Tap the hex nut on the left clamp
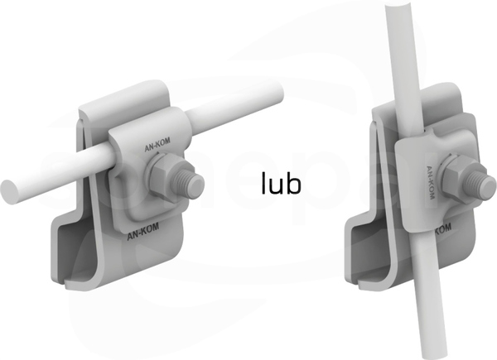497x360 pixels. tap(162, 174)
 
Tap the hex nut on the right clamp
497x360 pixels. tap(457, 175)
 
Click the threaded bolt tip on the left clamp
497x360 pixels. tap(191, 185)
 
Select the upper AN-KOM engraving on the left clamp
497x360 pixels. tap(157, 144)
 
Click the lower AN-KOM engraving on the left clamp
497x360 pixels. tap(142, 232)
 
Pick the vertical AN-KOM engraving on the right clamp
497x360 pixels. tap(430, 183)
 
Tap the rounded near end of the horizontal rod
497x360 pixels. tap(9, 191)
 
